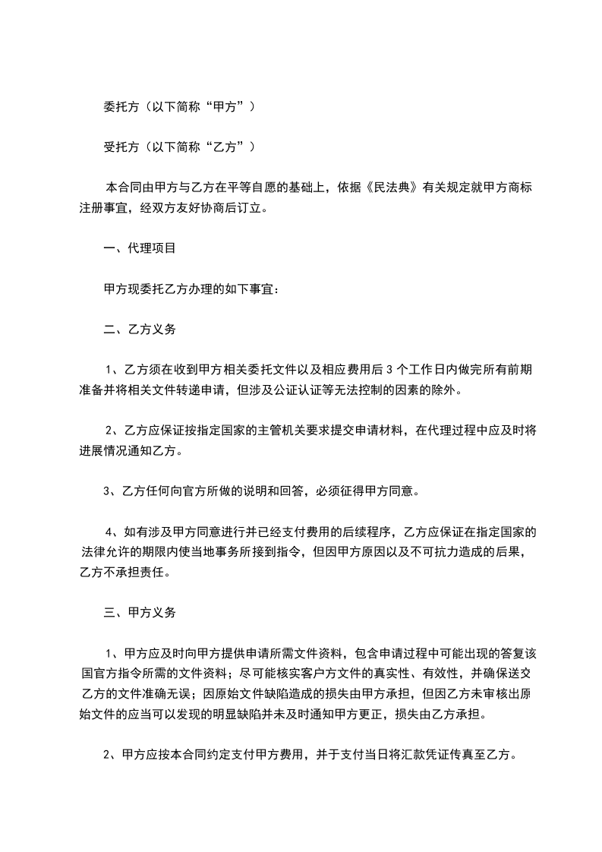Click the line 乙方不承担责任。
click(125, 572)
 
